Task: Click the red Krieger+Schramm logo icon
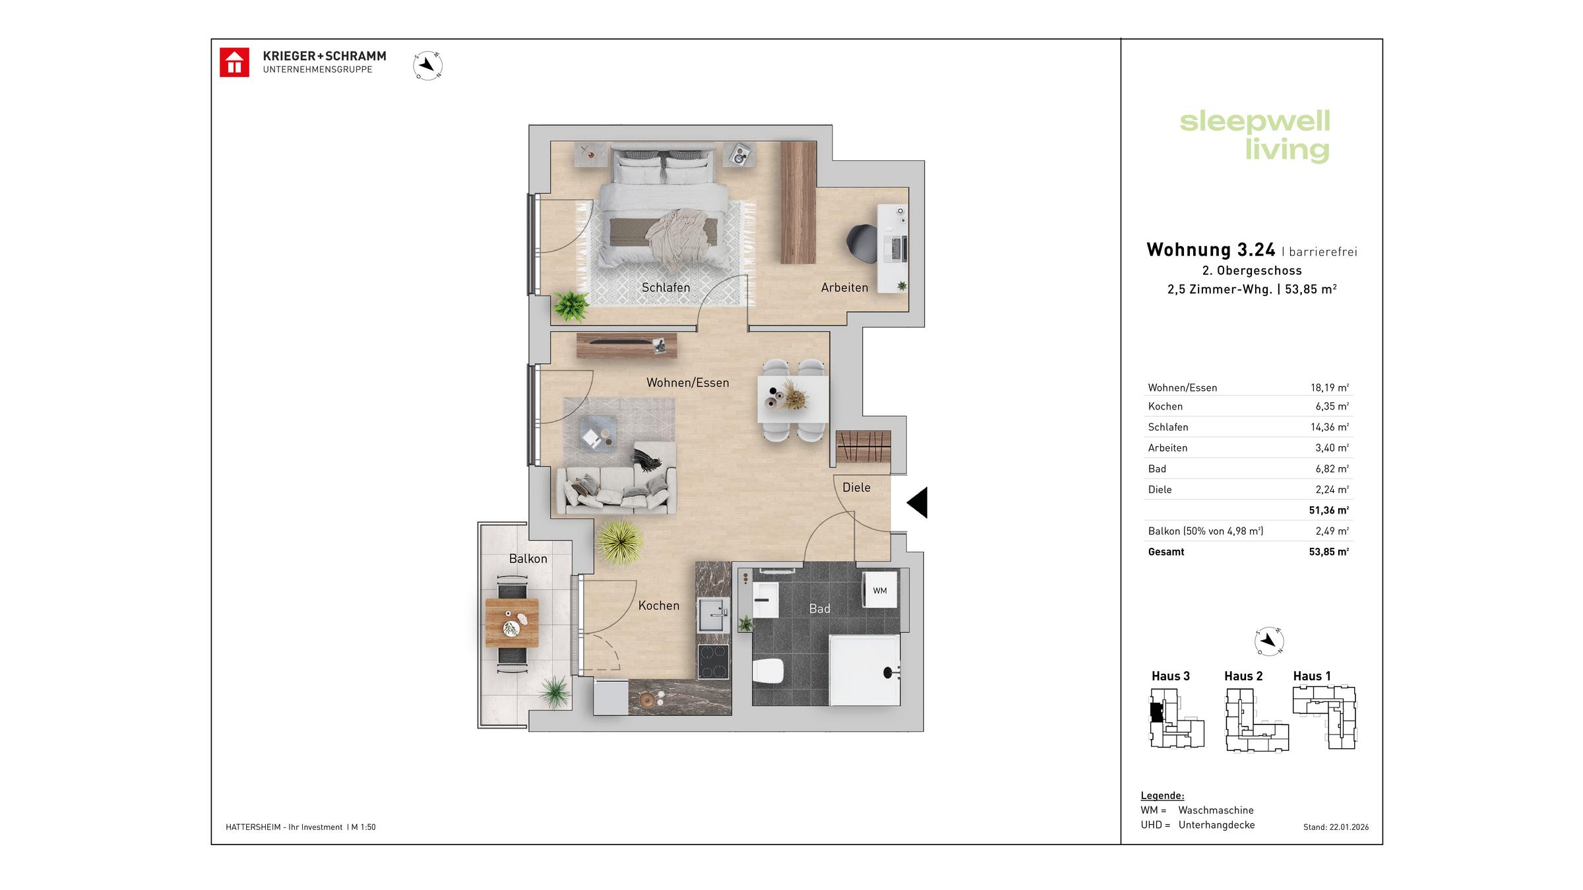tap(234, 63)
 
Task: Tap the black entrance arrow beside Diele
tap(918, 502)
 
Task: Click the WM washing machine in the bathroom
tap(879, 590)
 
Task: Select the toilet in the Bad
tap(768, 670)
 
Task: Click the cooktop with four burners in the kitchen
tap(713, 661)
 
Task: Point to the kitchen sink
tap(713, 615)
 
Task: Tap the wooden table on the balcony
tap(511, 623)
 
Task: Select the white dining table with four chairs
tap(793, 399)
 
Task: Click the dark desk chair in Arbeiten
tap(861, 242)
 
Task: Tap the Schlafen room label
tap(666, 287)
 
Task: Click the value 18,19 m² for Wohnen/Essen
tap(1329, 388)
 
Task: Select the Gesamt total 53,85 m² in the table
tap(1328, 552)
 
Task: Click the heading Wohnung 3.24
tap(1210, 250)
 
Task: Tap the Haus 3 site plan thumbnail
tap(1176, 718)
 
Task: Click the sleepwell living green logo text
tap(1255, 135)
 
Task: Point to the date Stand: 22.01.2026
tap(1336, 827)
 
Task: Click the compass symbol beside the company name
tap(427, 65)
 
